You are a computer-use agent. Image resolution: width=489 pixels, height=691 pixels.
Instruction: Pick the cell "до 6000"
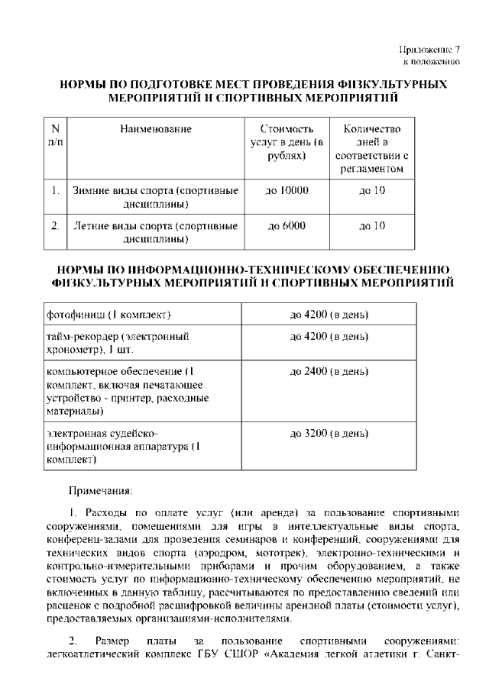click(287, 226)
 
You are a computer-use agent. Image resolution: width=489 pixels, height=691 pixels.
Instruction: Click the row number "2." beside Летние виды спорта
click(55, 226)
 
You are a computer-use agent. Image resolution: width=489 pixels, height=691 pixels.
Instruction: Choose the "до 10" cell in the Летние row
click(372, 226)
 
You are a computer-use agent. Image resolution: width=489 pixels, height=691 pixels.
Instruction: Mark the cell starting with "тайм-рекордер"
click(118, 343)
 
